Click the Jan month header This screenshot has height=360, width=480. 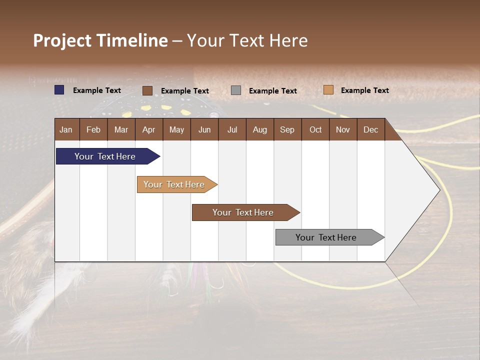click(66, 129)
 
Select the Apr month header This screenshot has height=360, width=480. click(148, 129)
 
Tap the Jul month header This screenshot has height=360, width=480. click(232, 129)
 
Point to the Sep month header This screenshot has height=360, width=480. click(287, 129)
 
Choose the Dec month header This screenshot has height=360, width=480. click(370, 129)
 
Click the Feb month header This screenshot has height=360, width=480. click(93, 129)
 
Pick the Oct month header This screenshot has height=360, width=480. click(315, 129)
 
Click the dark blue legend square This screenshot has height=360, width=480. click(59, 90)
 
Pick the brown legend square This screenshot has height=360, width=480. click(147, 90)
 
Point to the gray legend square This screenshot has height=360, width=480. click(236, 90)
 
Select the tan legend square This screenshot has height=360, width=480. click(328, 90)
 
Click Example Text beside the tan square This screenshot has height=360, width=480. click(364, 90)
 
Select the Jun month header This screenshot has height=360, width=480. click(204, 129)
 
